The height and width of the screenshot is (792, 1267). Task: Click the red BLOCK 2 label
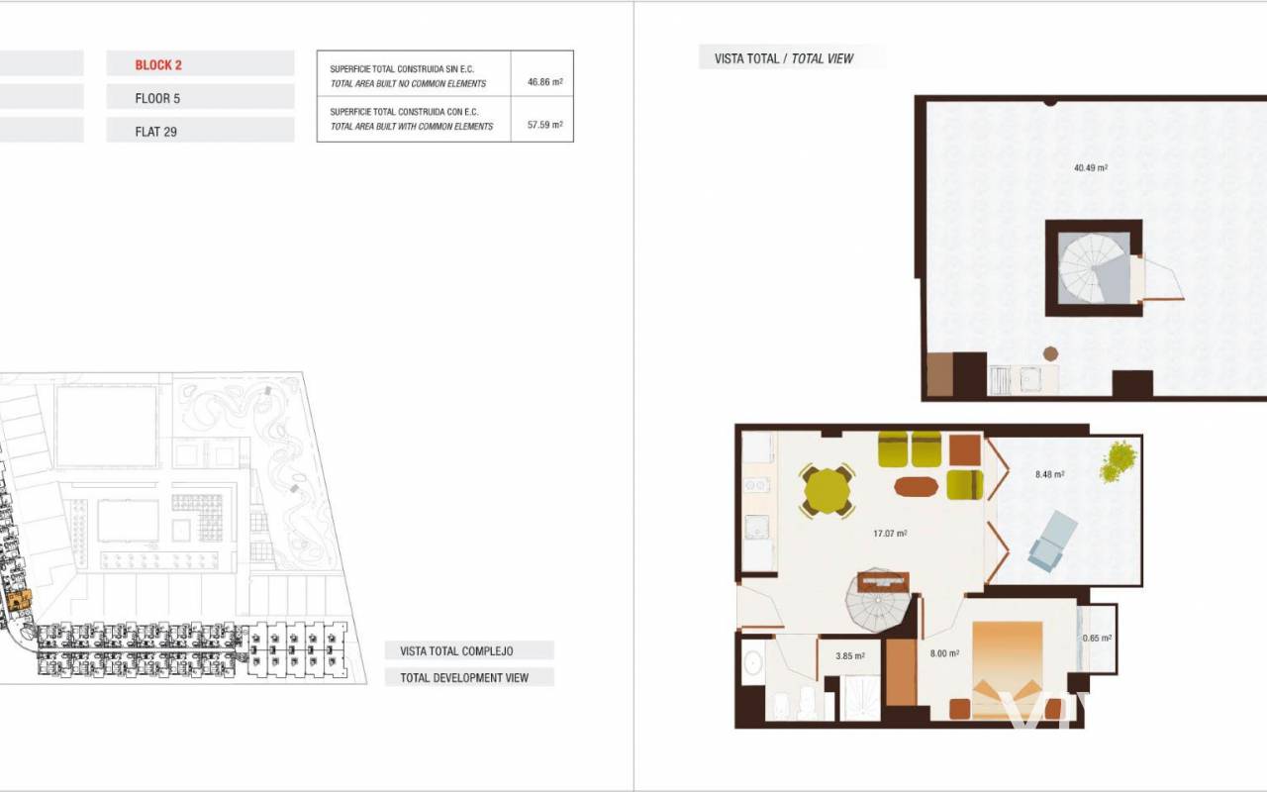[x=158, y=65]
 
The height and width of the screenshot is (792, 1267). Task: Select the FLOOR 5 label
[x=157, y=98]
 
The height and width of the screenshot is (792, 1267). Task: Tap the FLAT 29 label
[x=156, y=132]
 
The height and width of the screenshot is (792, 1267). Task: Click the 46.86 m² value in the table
[x=544, y=82]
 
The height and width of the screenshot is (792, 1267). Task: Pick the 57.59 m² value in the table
[x=544, y=125]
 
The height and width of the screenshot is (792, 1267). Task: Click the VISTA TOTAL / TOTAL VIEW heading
[x=783, y=58]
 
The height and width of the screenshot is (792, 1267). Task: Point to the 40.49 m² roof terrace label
[x=1091, y=168]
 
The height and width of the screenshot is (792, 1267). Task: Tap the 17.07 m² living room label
[x=890, y=534]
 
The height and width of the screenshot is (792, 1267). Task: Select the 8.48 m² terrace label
[x=1050, y=474]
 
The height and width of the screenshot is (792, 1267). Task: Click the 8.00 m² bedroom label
[x=944, y=653]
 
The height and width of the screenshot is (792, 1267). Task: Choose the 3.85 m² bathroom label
[x=850, y=656]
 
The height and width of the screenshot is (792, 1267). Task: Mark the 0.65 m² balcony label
[x=1098, y=639]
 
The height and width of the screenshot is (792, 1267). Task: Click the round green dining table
[x=827, y=490]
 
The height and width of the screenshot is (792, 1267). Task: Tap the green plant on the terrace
[x=1118, y=462]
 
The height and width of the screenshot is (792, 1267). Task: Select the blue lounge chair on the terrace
[x=1053, y=541]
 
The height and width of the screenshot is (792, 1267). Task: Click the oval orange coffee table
[x=917, y=487]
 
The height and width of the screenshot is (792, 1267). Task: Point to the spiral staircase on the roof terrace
[x=1094, y=269]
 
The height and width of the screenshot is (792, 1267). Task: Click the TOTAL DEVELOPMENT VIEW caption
[x=464, y=678]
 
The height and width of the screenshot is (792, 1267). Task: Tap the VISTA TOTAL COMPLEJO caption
[x=456, y=651]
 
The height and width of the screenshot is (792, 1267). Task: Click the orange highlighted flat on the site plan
[x=19, y=600]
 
